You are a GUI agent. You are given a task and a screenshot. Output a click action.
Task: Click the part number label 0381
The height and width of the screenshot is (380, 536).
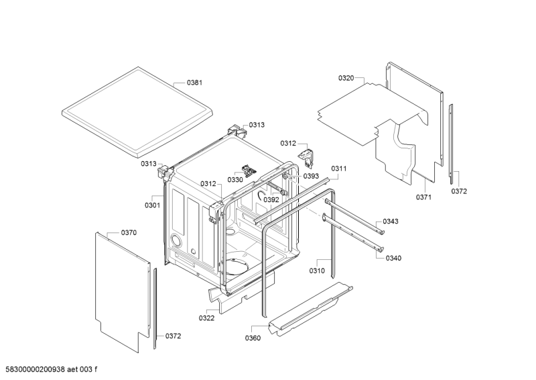tap(194, 83)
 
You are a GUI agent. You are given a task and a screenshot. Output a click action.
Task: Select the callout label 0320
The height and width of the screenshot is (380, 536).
tap(346, 79)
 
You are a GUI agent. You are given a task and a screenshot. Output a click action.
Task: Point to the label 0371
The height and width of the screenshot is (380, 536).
tap(423, 197)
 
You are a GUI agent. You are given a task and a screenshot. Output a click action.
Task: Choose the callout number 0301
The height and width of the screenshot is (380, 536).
tap(152, 205)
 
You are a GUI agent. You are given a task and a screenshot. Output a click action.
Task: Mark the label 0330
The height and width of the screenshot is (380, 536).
tap(235, 180)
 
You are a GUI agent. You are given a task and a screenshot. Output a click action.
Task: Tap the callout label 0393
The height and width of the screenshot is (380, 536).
tap(310, 177)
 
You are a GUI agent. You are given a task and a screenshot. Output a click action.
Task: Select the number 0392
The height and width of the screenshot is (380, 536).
tap(271, 200)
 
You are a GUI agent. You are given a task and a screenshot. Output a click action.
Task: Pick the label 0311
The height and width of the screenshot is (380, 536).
tap(338, 169)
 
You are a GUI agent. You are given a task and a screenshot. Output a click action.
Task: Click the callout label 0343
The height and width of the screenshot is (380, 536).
tap(391, 222)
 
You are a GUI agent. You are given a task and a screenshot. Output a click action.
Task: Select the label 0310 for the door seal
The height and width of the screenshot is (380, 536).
tap(317, 271)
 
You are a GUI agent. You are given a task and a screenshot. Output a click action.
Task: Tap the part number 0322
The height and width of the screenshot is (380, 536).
tap(206, 318)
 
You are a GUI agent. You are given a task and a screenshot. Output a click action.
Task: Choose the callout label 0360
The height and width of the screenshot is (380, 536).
tap(253, 337)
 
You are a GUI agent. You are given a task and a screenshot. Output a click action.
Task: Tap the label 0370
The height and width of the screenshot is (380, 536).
tap(129, 233)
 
